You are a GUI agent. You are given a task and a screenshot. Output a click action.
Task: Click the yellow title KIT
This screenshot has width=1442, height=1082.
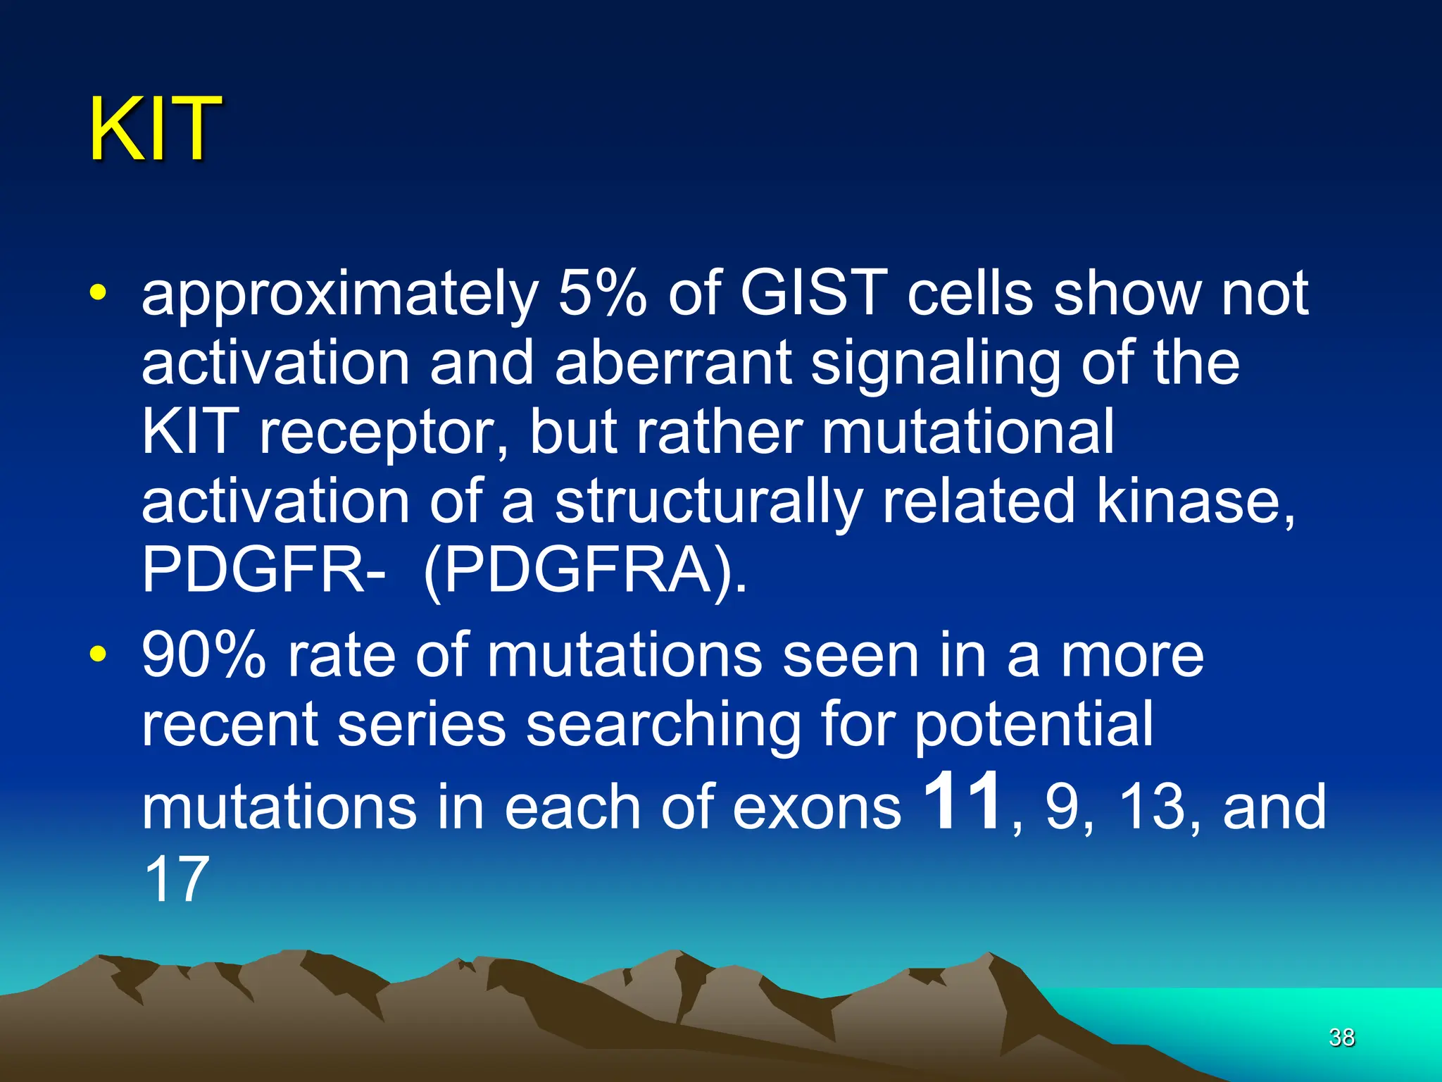[154, 130]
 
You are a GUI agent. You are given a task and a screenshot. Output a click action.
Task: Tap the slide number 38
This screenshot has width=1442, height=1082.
[1341, 1038]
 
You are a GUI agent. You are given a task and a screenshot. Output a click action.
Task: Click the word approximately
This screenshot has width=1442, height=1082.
[339, 297]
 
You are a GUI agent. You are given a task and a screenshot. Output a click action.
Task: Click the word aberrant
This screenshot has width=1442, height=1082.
[673, 363]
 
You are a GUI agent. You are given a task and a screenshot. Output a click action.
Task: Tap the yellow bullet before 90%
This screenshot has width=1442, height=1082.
[98, 654]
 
